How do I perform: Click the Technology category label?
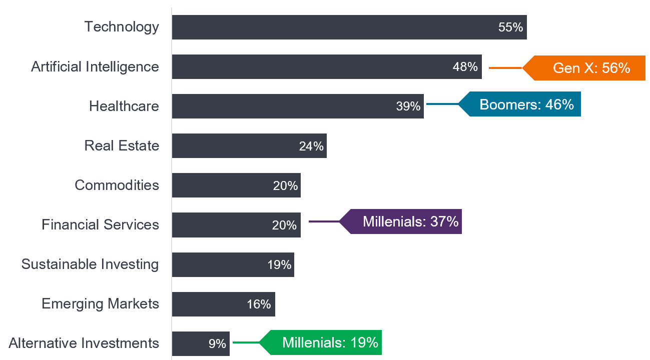pyautogui.click(x=122, y=26)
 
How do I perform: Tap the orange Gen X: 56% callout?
pyautogui.click(x=590, y=68)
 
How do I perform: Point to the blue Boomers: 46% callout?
pyautogui.click(x=525, y=104)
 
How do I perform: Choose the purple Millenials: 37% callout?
pyautogui.click(x=410, y=221)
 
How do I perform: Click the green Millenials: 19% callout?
pyautogui.click(x=329, y=342)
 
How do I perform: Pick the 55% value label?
pyautogui.click(x=510, y=27)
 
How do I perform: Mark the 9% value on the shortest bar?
pyautogui.click(x=217, y=343)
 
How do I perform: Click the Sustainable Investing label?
pyautogui.click(x=90, y=264)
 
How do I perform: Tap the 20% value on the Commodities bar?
pyautogui.click(x=285, y=185)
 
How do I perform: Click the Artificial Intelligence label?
pyautogui.click(x=95, y=66)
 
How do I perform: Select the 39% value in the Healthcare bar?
pyautogui.click(x=408, y=106)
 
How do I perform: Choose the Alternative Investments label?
pyautogui.click(x=84, y=343)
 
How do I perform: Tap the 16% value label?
pyautogui.click(x=259, y=304)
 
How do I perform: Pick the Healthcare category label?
pyautogui.click(x=124, y=106)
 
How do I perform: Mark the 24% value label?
pyautogui.click(x=311, y=146)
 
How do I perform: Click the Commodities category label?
pyautogui.click(x=117, y=185)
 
